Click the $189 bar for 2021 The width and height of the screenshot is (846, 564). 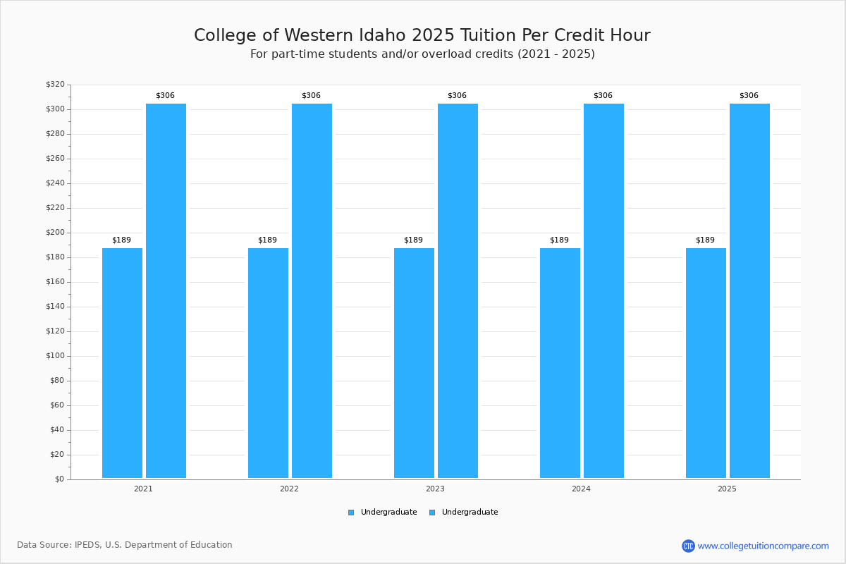(x=122, y=363)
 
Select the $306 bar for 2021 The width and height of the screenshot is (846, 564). (x=166, y=290)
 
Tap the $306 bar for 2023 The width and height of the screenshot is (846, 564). (x=458, y=290)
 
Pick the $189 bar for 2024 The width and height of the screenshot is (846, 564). (x=560, y=363)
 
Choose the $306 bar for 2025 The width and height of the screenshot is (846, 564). (x=749, y=290)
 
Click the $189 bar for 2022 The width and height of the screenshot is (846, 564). (x=268, y=363)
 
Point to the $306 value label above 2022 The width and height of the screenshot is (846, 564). (x=311, y=96)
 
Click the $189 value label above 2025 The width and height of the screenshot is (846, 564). (x=705, y=240)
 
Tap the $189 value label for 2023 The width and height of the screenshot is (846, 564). (x=413, y=240)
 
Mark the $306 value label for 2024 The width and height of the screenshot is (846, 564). (x=603, y=96)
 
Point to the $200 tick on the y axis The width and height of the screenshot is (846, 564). (x=55, y=233)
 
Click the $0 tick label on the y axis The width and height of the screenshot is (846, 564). (x=59, y=479)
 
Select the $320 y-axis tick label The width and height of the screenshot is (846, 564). (x=55, y=85)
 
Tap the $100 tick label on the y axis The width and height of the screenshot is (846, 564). (x=55, y=356)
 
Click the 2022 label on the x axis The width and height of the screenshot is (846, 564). (x=289, y=489)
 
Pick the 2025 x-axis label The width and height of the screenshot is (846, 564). (x=727, y=489)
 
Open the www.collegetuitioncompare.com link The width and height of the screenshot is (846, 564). (x=763, y=546)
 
